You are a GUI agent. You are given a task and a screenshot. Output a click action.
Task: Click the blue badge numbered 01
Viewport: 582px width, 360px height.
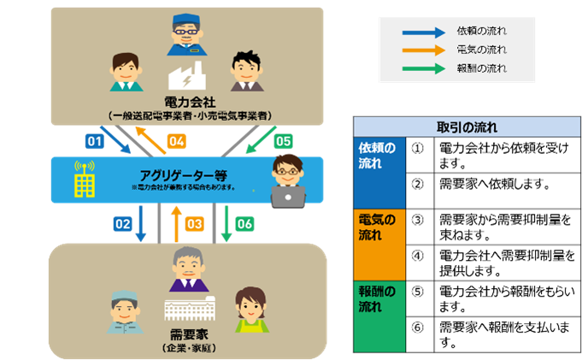coord(94,139)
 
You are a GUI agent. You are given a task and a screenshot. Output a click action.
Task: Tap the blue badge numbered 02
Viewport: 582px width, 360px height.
coord(122,223)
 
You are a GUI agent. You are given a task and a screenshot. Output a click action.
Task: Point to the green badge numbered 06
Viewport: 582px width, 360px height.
coord(244,223)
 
